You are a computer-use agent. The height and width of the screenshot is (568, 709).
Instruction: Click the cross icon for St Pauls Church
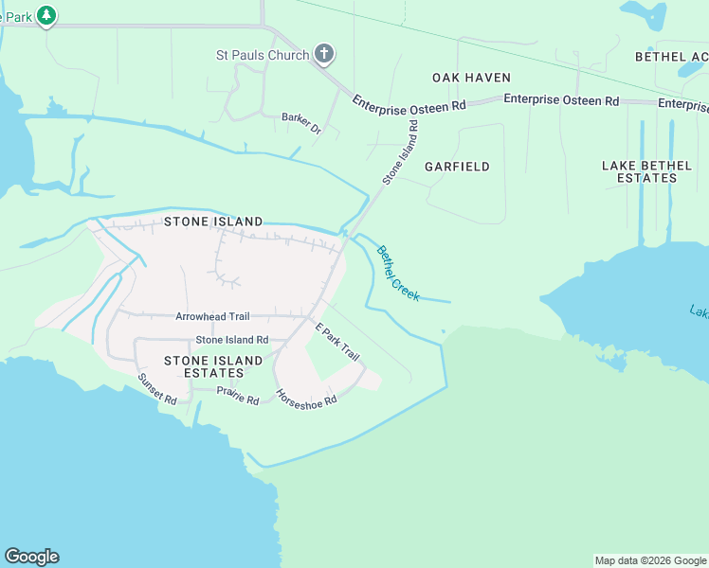click(x=324, y=54)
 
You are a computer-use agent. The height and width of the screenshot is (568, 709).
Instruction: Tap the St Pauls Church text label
click(x=262, y=55)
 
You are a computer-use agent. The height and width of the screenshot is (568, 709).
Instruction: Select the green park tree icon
click(x=45, y=15)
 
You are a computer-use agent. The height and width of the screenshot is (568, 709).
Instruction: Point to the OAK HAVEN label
click(x=471, y=78)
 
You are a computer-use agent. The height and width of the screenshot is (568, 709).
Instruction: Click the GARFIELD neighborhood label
click(x=457, y=167)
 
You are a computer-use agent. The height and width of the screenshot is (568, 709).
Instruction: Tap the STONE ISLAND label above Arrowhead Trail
click(x=213, y=222)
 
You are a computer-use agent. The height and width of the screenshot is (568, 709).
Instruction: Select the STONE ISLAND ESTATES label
click(x=213, y=366)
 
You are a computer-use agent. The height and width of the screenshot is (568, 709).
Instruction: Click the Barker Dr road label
click(x=301, y=123)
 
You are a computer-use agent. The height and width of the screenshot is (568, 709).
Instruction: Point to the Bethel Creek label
click(x=398, y=274)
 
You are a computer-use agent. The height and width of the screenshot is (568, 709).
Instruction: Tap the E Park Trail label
click(x=337, y=342)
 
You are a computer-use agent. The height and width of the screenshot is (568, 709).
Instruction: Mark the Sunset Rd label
click(x=157, y=389)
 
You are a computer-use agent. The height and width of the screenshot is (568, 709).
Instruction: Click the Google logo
click(x=31, y=557)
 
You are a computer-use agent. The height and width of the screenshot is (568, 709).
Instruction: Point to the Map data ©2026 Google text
click(x=649, y=560)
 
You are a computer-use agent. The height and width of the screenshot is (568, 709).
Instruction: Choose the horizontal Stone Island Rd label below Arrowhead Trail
click(x=232, y=340)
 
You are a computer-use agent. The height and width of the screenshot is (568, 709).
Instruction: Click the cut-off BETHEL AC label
click(x=671, y=57)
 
